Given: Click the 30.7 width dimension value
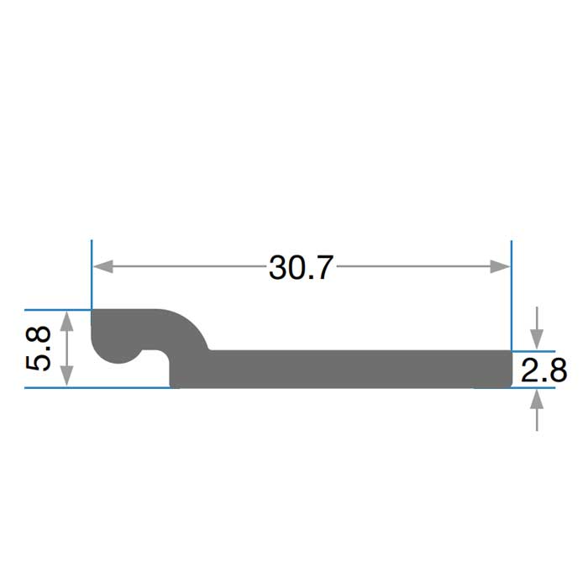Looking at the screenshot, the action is [301, 267].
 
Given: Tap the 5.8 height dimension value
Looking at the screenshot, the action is [39, 349].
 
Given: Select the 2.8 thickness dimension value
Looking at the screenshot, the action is [543, 370].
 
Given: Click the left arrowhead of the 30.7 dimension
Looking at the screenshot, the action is [103, 266].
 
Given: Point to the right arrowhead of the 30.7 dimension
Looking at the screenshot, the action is [501, 266].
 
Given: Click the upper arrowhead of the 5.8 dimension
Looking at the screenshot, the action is [66, 321].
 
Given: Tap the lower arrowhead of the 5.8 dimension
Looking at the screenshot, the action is [66, 376].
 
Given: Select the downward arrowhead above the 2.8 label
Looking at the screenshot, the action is [537, 339].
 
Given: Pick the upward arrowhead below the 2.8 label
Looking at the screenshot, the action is [537, 400].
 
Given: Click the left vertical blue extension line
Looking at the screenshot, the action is [92, 275].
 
